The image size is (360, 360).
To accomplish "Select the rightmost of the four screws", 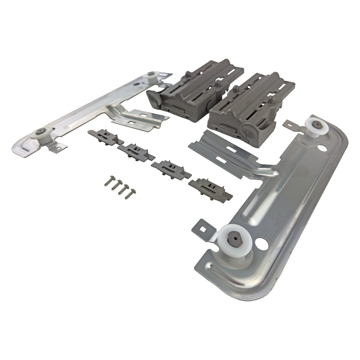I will [x=130, y=194].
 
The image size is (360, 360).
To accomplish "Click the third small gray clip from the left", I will [x=171, y=169].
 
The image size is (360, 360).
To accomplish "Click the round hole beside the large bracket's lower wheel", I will [x=260, y=244].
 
